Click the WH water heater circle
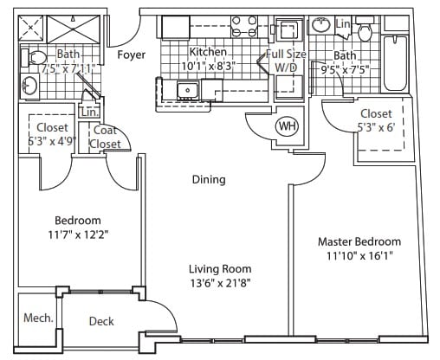tap(288, 126)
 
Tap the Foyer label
tap(132, 55)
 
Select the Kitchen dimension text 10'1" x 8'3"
tap(207, 66)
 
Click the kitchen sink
tap(188, 90)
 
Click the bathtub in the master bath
tap(395, 63)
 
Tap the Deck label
tap(101, 321)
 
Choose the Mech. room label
tap(39, 318)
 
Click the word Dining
tap(209, 179)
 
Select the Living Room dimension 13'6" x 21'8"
tap(220, 283)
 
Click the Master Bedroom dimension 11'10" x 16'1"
tap(360, 255)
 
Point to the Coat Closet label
tap(105, 137)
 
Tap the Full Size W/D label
tap(286, 61)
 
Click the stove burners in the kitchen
tap(244, 27)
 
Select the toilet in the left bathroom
tap(34, 58)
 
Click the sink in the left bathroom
tap(29, 86)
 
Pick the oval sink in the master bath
tap(320, 25)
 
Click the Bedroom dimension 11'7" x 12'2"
tap(78, 235)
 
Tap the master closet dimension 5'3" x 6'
tap(376, 127)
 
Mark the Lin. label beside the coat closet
tap(89, 112)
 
